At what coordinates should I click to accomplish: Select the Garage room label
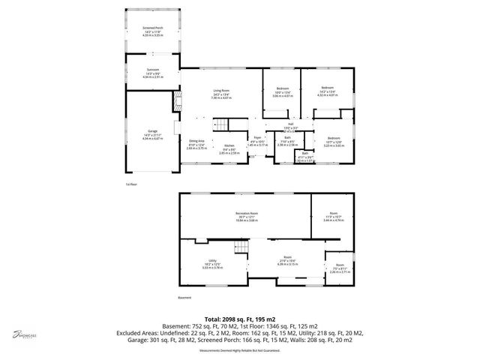(152, 131)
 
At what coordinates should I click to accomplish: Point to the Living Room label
(220, 91)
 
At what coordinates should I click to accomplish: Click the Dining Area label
(197, 142)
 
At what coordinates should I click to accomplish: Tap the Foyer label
(256, 138)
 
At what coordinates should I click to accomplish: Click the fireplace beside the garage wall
(178, 102)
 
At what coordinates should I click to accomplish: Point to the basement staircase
(241, 247)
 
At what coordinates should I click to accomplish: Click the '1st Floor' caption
(131, 184)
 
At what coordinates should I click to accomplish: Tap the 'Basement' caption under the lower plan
(185, 297)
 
